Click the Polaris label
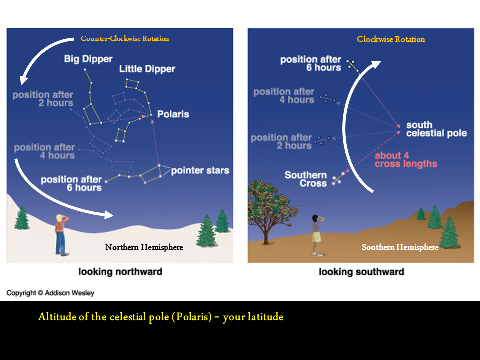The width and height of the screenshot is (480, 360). pos(173,114)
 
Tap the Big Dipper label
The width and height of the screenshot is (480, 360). pos(88,59)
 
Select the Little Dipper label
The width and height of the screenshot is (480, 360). pos(147,69)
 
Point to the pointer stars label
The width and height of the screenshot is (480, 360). pos(200,171)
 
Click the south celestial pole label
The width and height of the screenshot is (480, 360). pos(436,129)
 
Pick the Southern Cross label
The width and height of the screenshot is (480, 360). pos(306,179)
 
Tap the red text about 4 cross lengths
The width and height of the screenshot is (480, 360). pos(406,160)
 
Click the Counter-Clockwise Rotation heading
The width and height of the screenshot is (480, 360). pos(125,38)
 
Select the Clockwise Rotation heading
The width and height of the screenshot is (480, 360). pos(391,39)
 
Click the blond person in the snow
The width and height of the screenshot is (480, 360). pos(62,235)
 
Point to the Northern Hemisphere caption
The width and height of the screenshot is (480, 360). pos(144,247)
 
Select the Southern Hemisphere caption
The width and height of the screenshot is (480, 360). pos(400,247)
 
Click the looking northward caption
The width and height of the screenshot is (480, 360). pos(120,272)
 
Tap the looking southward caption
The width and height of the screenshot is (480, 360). pos(361,272)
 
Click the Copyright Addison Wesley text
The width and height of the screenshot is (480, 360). pos(50,293)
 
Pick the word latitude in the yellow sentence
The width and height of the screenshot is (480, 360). pos(265,317)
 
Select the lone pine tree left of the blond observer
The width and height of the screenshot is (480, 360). pos(22,218)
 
